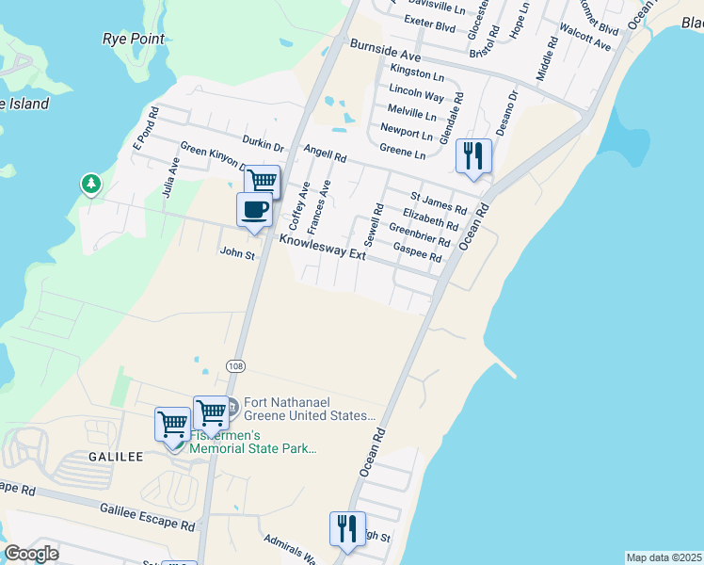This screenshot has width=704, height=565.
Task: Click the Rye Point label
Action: (x=133, y=39)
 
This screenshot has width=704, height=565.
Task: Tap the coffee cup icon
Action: (x=255, y=209)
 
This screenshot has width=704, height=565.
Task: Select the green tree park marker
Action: (x=91, y=183)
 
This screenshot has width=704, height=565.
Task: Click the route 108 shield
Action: (x=234, y=364)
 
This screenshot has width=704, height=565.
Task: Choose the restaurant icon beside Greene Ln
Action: (x=473, y=155)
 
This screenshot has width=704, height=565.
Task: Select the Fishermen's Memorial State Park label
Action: (x=252, y=442)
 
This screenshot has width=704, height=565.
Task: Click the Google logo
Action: (x=31, y=554)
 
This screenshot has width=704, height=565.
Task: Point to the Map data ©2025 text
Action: (x=664, y=557)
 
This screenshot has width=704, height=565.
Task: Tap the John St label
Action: (x=237, y=253)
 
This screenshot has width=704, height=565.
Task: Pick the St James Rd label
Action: (x=439, y=202)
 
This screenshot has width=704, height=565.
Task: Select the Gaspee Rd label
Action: (x=417, y=252)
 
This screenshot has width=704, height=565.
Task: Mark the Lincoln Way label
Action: (x=416, y=96)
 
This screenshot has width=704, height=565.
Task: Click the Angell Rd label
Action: (x=326, y=153)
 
